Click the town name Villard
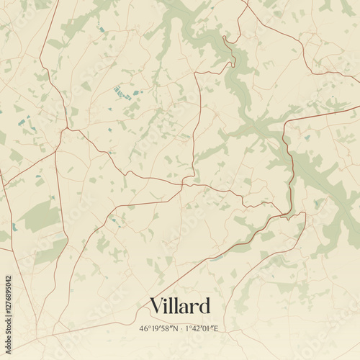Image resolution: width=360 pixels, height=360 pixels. click(x=180, y=306)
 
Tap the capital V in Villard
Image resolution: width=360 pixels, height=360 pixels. click(x=156, y=306)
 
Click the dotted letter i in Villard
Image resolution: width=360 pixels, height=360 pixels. click(x=167, y=305)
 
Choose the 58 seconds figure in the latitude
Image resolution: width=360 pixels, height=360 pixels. click(x=166, y=328)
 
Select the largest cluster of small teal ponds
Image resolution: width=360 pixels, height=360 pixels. click(x=122, y=93)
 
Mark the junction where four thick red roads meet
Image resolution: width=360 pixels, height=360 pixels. click(x=66, y=130)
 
